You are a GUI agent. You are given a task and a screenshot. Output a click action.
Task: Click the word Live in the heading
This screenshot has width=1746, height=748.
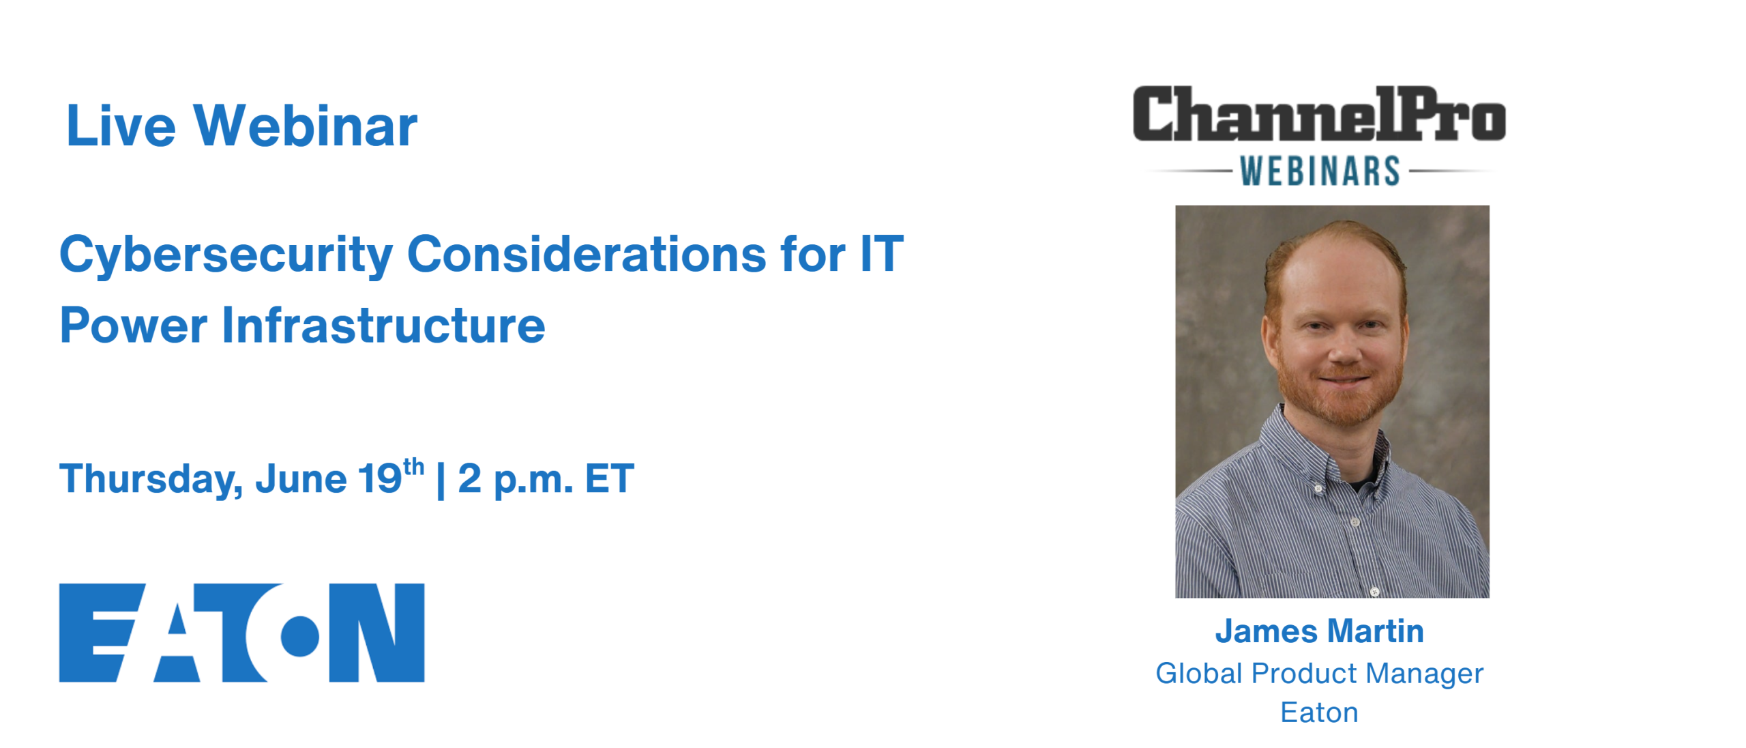point(121,126)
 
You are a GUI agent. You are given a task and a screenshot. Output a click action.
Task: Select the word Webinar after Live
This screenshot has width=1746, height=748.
point(305,126)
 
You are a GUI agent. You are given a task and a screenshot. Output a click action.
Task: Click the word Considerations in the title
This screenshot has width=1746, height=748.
point(587,254)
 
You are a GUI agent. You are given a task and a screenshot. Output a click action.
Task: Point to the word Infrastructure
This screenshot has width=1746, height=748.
point(383,325)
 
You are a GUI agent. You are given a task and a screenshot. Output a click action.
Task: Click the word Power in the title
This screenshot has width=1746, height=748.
point(133,325)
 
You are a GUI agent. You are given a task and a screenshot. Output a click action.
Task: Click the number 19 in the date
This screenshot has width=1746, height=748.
point(380,478)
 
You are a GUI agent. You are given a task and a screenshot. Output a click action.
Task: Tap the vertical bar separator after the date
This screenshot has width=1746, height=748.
point(441,480)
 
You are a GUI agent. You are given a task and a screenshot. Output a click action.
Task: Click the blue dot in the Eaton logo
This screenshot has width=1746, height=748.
point(300,636)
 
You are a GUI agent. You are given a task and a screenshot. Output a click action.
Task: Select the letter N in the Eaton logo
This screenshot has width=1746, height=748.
point(376,633)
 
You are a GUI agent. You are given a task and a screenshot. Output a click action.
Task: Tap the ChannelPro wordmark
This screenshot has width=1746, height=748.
point(1319,114)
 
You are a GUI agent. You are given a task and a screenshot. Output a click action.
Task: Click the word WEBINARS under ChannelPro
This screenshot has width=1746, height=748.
point(1320,171)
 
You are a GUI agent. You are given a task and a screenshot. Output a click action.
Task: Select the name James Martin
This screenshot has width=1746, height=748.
point(1320,631)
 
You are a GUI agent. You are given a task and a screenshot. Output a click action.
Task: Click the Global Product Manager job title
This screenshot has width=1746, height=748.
point(1320,674)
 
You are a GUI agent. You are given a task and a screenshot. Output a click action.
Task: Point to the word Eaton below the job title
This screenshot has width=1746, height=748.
point(1320,713)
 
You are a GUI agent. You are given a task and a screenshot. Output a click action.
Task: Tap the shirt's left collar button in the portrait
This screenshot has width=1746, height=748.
point(1318,488)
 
